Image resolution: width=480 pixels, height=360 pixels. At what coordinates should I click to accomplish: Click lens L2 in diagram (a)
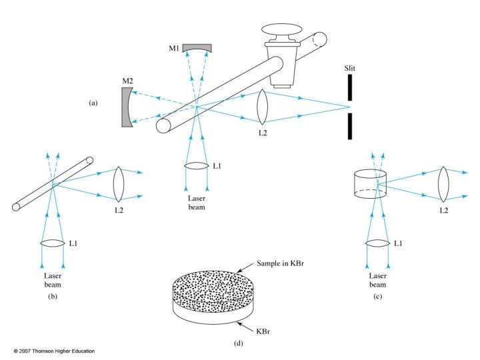[263, 107]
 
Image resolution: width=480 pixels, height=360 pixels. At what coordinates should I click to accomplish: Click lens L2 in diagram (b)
[119, 183]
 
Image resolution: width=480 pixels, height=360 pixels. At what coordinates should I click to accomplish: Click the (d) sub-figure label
[239, 343]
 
